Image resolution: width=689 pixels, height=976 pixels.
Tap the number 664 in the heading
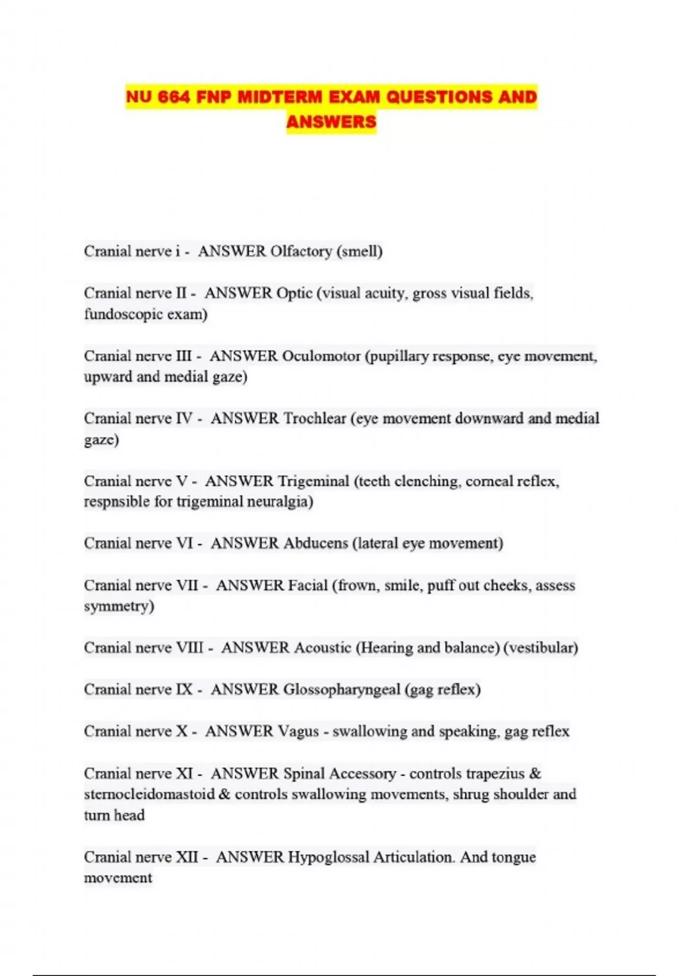(x=174, y=96)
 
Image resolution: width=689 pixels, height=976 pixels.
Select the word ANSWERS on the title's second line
(x=331, y=122)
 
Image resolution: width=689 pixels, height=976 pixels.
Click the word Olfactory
(x=301, y=251)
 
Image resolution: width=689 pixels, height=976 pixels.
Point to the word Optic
(x=294, y=293)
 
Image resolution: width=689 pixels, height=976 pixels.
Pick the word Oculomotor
(x=321, y=356)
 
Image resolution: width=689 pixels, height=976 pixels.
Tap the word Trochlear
(x=315, y=419)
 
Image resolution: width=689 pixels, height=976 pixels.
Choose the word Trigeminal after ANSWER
(x=313, y=481)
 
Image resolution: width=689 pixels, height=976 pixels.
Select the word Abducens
(x=316, y=543)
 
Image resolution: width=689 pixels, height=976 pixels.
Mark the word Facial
(x=307, y=586)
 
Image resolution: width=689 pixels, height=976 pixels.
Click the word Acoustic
(x=322, y=648)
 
